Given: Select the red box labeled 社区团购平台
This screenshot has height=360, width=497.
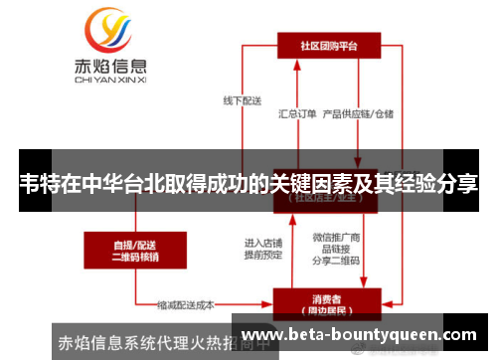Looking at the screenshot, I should (329, 46).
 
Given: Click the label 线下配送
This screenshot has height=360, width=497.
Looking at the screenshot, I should (242, 99).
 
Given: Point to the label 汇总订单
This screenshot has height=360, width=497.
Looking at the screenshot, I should (298, 113).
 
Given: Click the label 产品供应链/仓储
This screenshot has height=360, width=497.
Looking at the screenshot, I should (359, 113).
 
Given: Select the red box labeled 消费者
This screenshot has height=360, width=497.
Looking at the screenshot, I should (329, 301).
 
